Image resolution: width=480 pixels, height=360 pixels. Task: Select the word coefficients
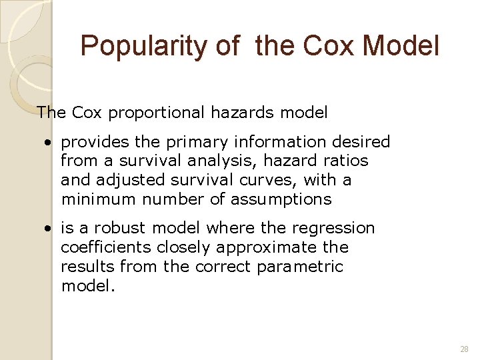click(x=106, y=247)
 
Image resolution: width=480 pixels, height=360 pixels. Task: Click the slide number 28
click(x=464, y=349)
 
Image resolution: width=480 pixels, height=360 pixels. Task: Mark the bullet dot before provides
click(x=48, y=143)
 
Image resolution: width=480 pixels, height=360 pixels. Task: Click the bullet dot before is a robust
click(x=48, y=229)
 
